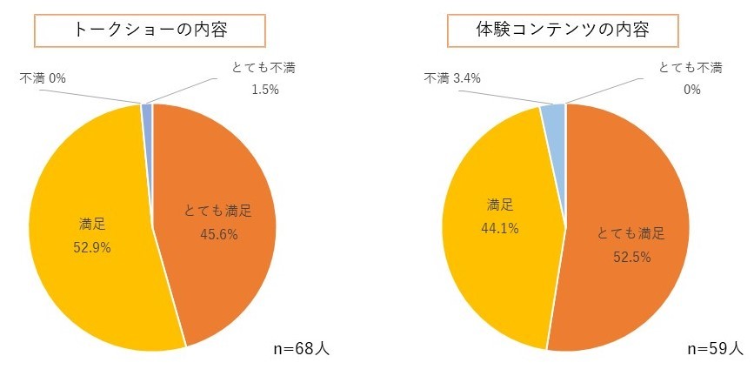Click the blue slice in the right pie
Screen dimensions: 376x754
554,113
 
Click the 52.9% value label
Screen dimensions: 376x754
90,247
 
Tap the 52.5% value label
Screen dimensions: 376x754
631,257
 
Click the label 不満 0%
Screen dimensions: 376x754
43,77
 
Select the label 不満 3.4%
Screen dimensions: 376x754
452,78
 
